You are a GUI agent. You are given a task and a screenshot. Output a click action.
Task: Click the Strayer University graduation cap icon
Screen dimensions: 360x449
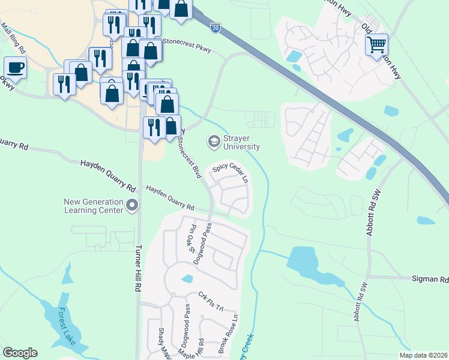213,142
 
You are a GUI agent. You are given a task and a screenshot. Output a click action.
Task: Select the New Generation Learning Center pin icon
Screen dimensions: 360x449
132,207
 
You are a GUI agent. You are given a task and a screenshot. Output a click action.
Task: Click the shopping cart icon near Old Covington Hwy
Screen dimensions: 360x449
376,44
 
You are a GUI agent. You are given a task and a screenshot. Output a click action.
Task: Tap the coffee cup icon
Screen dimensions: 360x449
16,67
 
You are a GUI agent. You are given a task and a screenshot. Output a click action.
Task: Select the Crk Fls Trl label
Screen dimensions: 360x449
211,302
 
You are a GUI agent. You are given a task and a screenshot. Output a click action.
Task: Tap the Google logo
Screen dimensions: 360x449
20,353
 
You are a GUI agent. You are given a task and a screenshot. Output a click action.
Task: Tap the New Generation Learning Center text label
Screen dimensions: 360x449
94,206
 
